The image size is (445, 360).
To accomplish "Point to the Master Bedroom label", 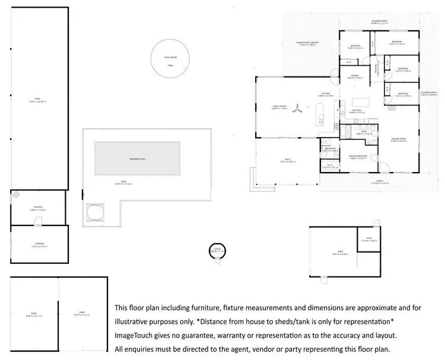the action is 359,157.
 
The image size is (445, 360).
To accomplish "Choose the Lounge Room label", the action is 398,139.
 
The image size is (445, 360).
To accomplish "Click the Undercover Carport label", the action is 308,43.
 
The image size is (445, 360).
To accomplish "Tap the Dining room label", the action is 354,76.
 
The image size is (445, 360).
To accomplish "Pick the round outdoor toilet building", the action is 217,251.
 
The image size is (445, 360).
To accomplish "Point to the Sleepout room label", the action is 37,208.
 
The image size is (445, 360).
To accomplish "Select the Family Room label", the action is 279,107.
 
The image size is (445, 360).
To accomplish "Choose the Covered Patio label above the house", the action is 379,22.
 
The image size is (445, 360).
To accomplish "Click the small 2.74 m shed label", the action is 369,240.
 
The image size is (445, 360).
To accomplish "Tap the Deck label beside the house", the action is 282,160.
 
